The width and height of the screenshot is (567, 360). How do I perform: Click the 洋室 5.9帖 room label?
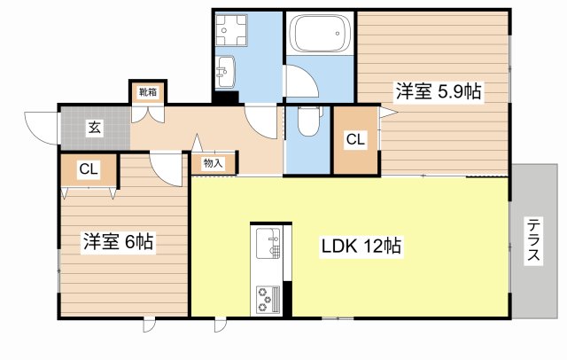point(439,91)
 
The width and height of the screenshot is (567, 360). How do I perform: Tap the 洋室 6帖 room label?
point(118,241)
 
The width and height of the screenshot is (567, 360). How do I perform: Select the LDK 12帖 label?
point(361,246)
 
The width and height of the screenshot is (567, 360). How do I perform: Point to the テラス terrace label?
point(533,239)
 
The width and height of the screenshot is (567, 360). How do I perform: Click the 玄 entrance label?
point(95,128)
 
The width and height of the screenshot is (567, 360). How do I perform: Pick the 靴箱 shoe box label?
point(148,92)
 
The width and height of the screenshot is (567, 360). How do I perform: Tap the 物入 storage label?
point(213,163)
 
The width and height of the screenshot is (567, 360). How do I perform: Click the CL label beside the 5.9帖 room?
point(356,139)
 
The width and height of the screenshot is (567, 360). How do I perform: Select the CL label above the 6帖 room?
point(89,169)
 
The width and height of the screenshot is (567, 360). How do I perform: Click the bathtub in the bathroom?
point(320,34)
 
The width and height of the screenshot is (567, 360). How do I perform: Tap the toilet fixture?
point(308,121)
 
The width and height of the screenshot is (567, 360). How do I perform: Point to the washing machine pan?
point(231,31)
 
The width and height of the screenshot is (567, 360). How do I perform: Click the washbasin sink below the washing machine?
point(225,72)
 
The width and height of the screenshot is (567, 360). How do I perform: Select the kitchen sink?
point(268,244)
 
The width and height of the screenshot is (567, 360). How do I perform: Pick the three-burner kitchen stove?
point(268,300)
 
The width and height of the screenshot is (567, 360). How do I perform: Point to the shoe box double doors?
point(148,113)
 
